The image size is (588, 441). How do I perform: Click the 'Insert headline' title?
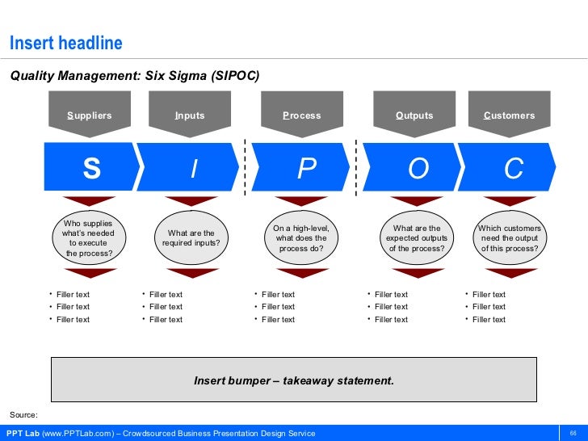pyautogui.click(x=65, y=42)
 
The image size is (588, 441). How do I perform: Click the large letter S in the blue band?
pyautogui.click(x=92, y=169)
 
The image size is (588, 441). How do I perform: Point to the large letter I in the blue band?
pyautogui.click(x=193, y=169)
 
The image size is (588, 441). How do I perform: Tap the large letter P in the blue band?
pyautogui.click(x=306, y=169)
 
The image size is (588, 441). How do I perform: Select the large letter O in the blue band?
pyautogui.click(x=418, y=169)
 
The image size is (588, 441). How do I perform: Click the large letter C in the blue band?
pyautogui.click(x=514, y=169)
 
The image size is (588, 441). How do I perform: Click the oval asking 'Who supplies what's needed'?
pyautogui.click(x=89, y=238)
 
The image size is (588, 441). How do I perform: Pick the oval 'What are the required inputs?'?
pyautogui.click(x=191, y=238)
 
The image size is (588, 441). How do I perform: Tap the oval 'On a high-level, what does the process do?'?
pyautogui.click(x=301, y=238)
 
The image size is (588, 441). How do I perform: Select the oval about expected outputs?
pyautogui.click(x=416, y=238)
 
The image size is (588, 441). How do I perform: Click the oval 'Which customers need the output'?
pyautogui.click(x=510, y=238)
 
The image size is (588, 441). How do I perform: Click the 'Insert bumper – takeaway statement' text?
pyautogui.click(x=294, y=379)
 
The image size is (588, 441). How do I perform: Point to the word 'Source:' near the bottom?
pyautogui.click(x=23, y=414)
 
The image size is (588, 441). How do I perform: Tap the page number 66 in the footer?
pyautogui.click(x=573, y=433)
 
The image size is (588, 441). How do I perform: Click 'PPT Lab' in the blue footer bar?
pyautogui.click(x=23, y=433)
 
